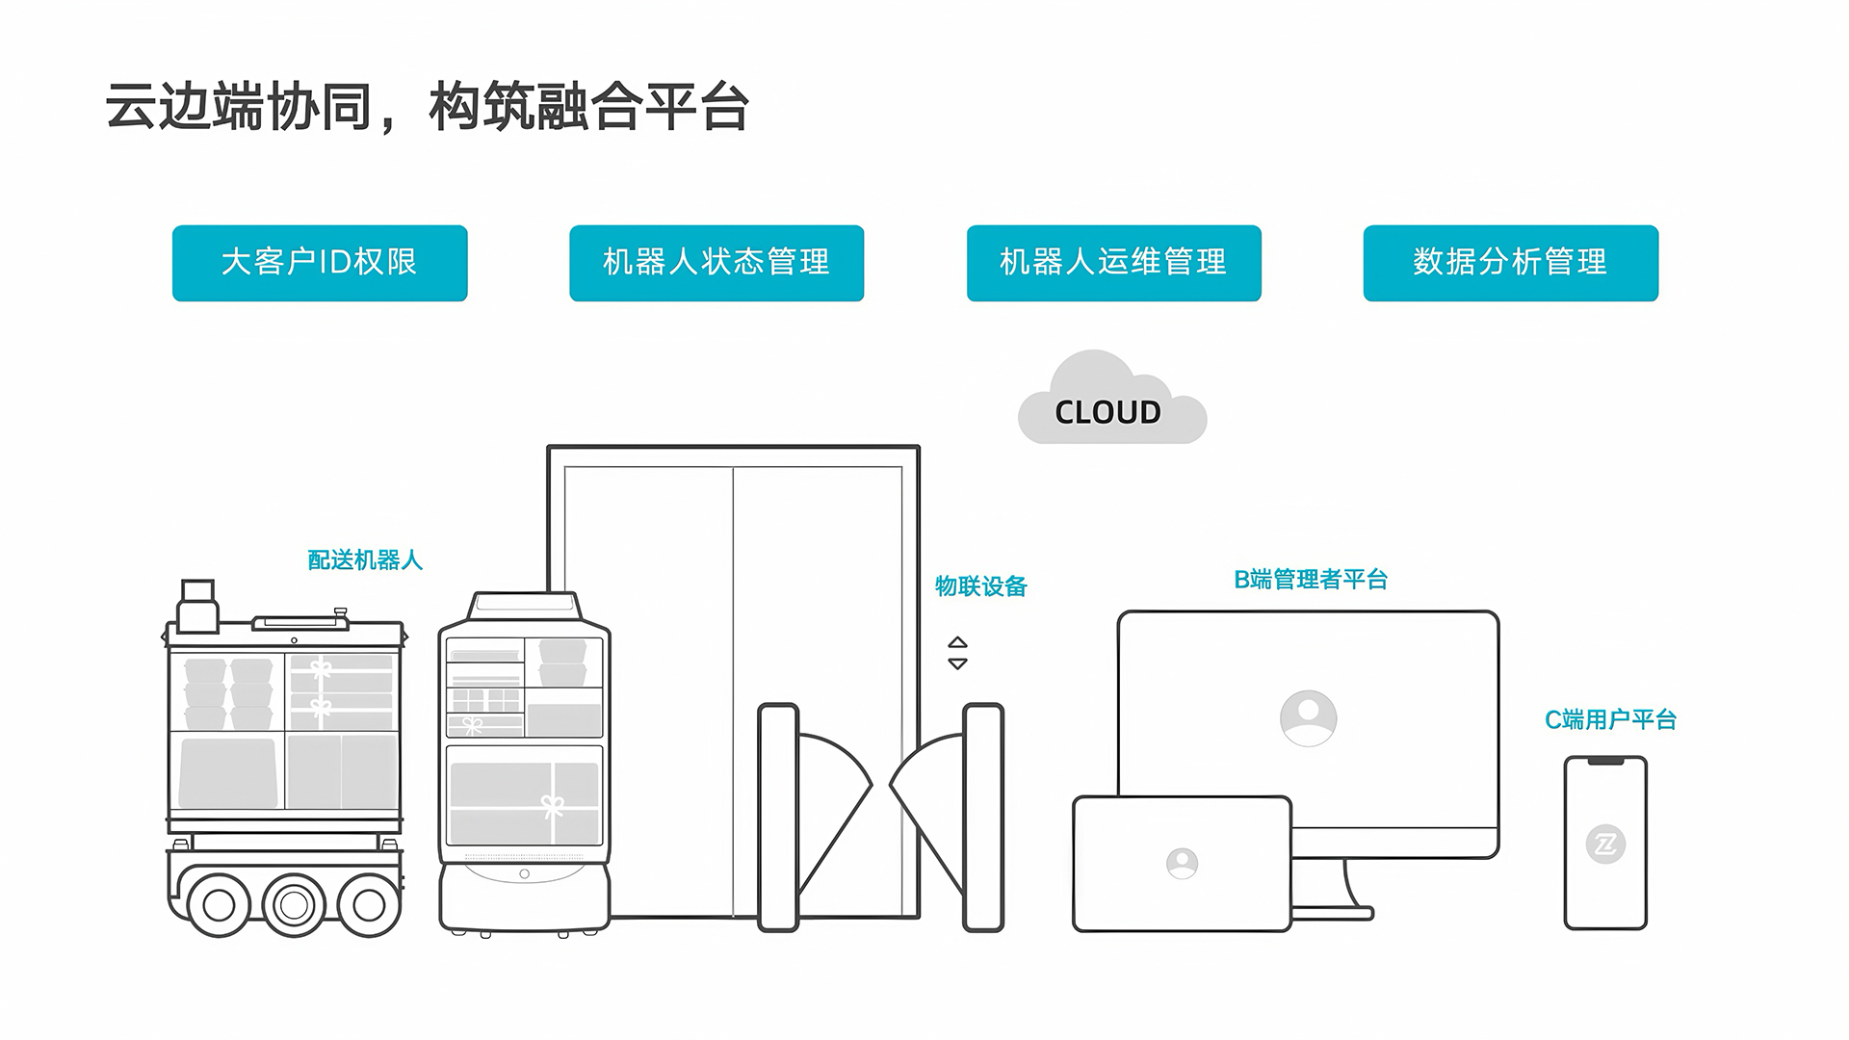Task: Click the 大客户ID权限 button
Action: (320, 263)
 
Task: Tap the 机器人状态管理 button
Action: (716, 263)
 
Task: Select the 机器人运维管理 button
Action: (1113, 263)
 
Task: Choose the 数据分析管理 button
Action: (1510, 263)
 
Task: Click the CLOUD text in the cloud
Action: (1107, 412)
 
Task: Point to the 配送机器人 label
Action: (365, 560)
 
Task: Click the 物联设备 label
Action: (980, 586)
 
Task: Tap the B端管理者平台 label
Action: (1311, 580)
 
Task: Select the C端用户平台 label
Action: (1610, 720)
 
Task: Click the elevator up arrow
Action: (957, 642)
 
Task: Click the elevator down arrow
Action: (957, 663)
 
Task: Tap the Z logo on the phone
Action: (1605, 845)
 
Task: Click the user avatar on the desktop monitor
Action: (1308, 717)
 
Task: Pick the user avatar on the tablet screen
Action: (1182, 863)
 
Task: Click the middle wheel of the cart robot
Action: (294, 904)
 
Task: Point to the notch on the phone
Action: (1605, 762)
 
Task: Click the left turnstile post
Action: (778, 817)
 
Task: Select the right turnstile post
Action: (983, 817)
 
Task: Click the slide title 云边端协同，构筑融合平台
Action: (427, 106)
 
